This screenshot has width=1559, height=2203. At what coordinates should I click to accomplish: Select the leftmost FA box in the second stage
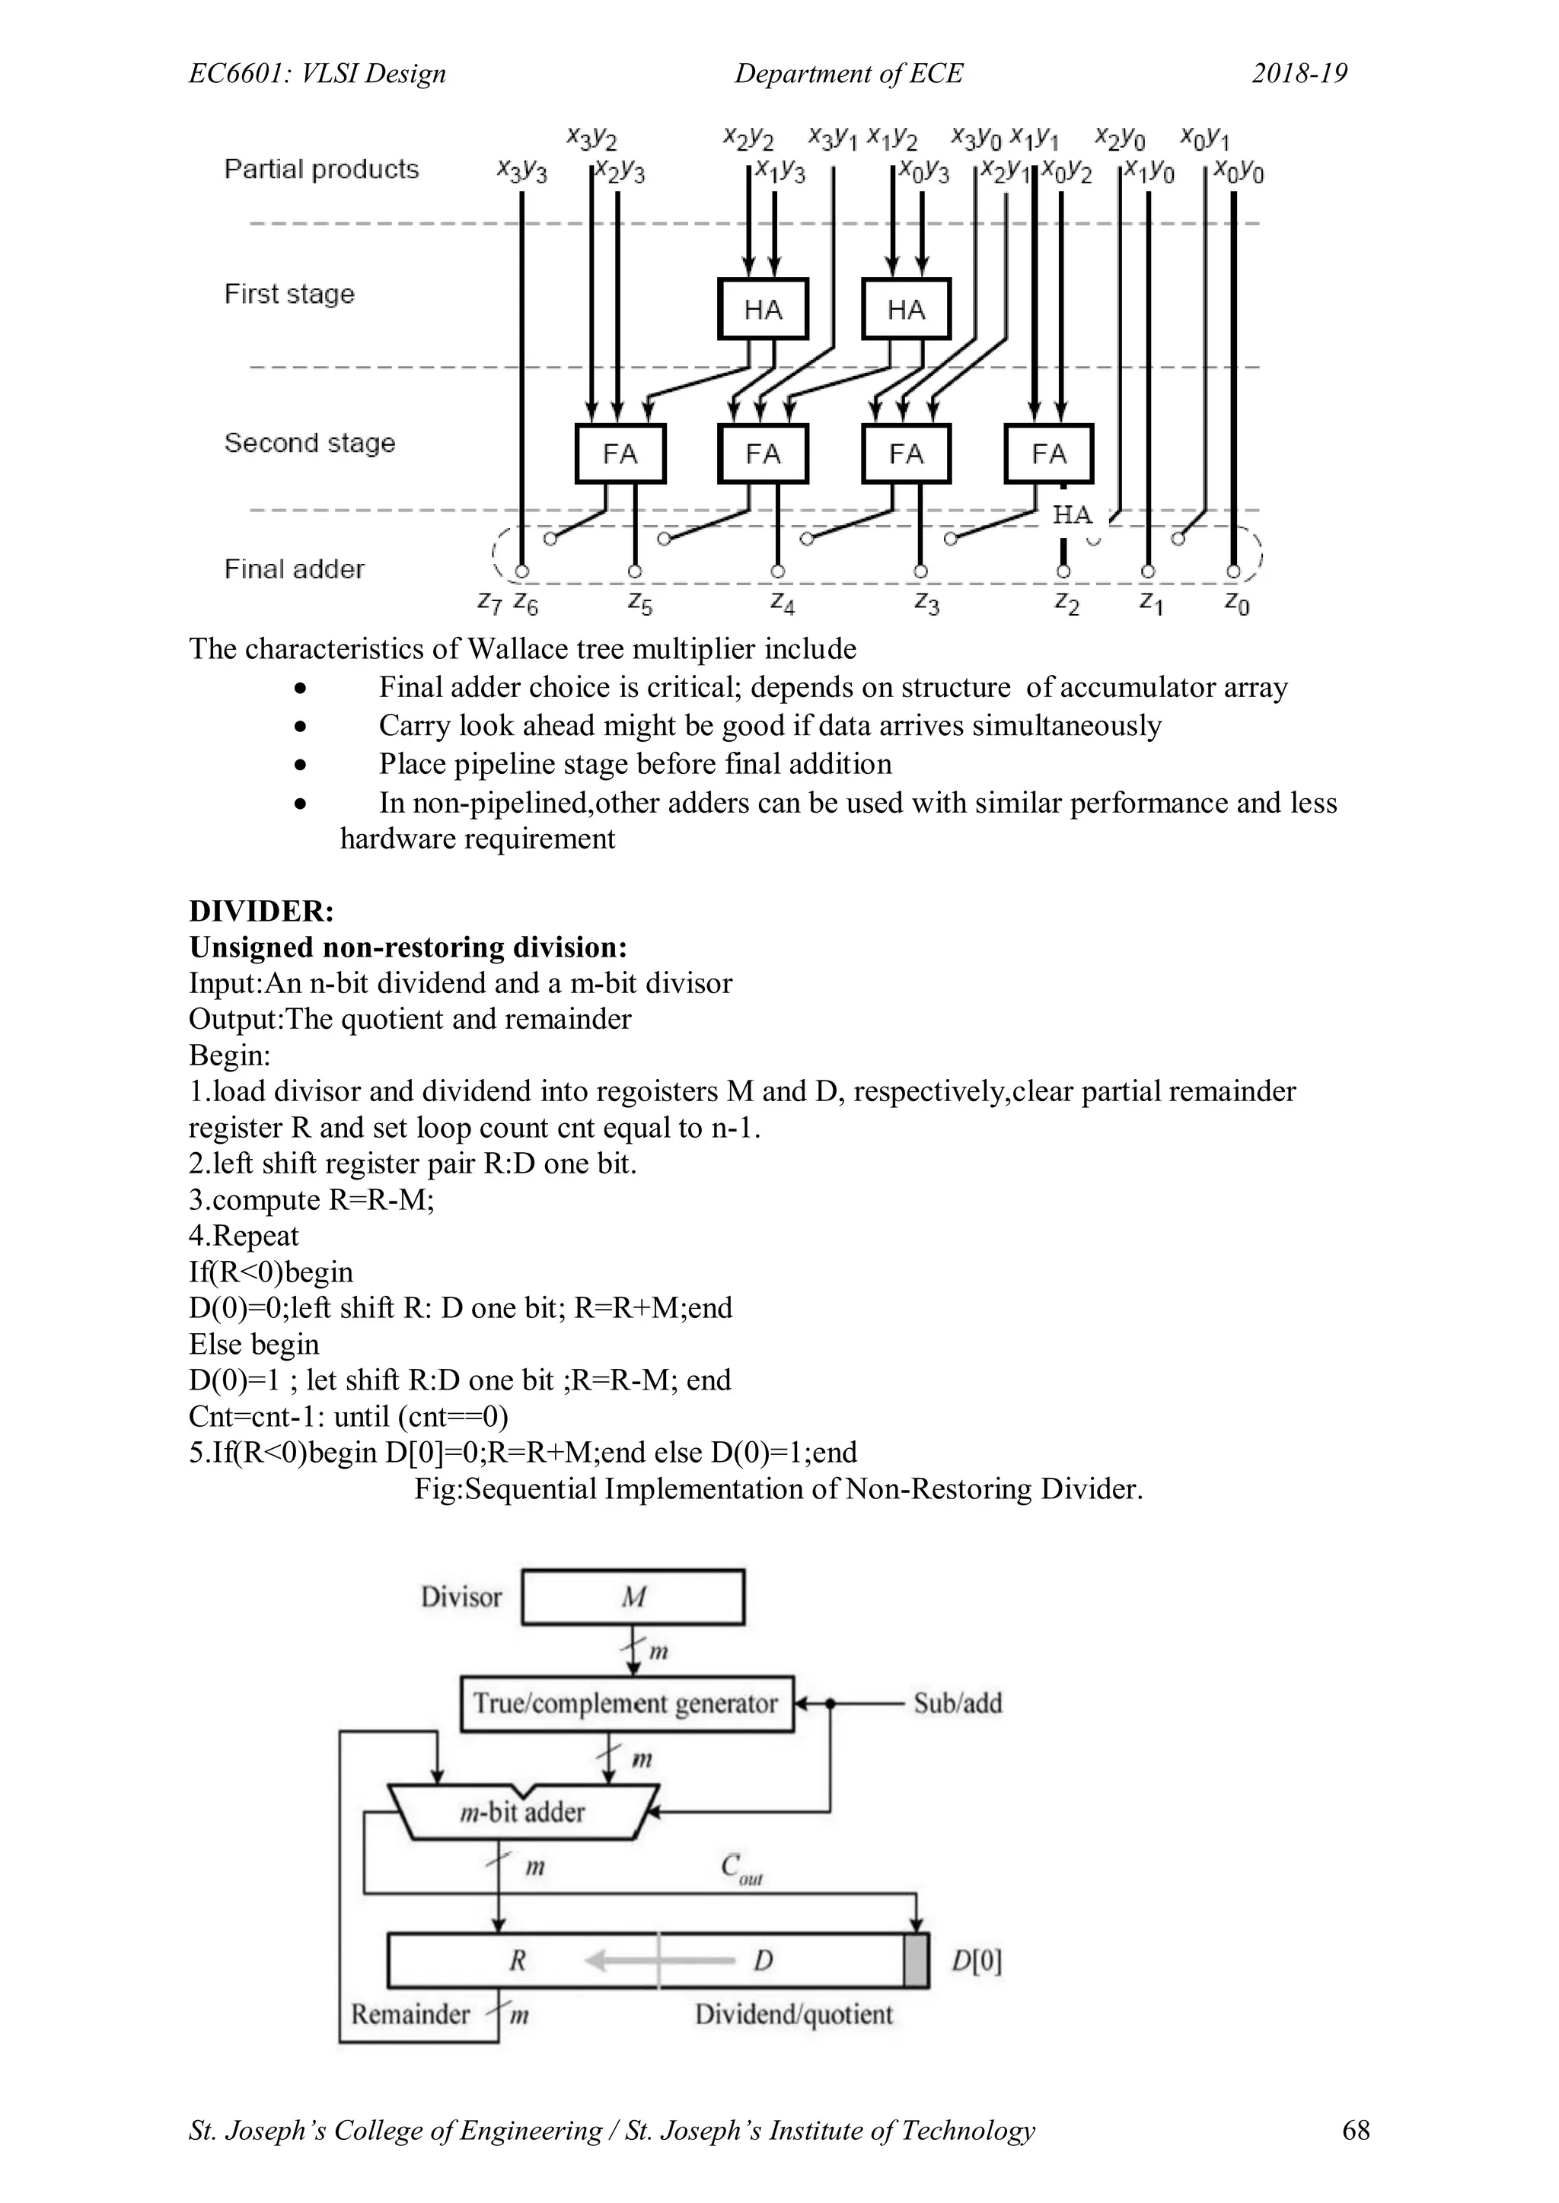coord(620,453)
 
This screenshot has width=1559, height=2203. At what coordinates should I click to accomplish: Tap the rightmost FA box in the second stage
coord(1048,453)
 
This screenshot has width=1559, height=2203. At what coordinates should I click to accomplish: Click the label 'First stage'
coord(289,294)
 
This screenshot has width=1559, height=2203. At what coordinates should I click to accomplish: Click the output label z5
coord(639,603)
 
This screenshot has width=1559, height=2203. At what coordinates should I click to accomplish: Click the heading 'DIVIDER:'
coord(261,911)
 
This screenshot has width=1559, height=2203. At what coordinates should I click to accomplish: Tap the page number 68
coord(1356,2129)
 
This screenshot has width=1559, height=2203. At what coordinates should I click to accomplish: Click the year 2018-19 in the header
coord(1299,74)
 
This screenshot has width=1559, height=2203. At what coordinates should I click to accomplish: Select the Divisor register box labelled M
coord(633,1597)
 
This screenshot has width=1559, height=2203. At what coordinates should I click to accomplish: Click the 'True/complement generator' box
coord(626,1703)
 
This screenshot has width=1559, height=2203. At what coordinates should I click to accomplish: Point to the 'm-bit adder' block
coord(523,1812)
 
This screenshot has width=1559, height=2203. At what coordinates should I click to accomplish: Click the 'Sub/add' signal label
coord(957,1703)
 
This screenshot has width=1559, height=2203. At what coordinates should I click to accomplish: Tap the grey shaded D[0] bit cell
coord(916,1960)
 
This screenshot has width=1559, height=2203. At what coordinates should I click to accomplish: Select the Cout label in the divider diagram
coord(740,1868)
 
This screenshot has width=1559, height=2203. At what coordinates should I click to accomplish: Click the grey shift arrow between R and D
coord(620,1960)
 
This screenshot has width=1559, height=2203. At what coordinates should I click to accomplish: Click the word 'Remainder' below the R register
coord(410,2014)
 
